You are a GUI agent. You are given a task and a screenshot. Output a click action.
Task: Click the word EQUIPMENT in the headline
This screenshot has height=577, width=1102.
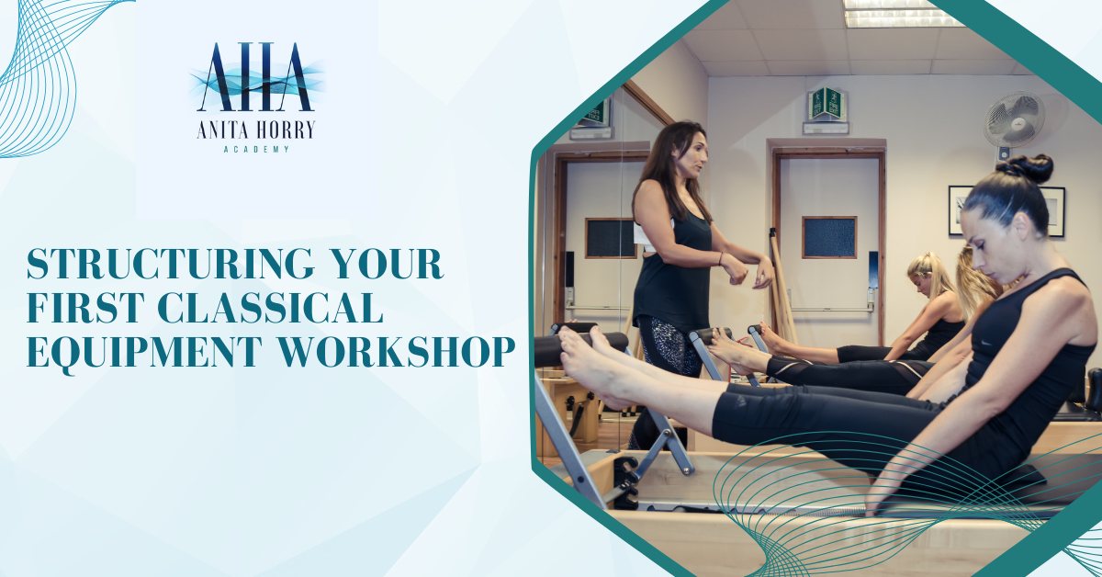pos(144,353)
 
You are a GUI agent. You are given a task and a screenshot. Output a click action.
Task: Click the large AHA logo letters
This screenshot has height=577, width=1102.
pos(256,77)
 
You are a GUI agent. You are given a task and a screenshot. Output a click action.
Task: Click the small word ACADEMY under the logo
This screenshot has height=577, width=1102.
pos(256,150)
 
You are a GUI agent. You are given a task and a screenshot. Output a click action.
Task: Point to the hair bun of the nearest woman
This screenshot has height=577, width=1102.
pos(1025,169)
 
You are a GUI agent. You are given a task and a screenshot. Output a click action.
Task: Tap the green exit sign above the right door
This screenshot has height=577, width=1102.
pos(827,104)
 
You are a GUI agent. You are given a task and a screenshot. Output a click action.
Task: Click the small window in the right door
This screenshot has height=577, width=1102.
pos(829,237)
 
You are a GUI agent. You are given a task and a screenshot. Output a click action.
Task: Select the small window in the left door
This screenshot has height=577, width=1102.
pos(610,238)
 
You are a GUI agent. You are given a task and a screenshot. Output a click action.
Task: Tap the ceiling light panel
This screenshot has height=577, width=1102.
pos(901,13)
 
